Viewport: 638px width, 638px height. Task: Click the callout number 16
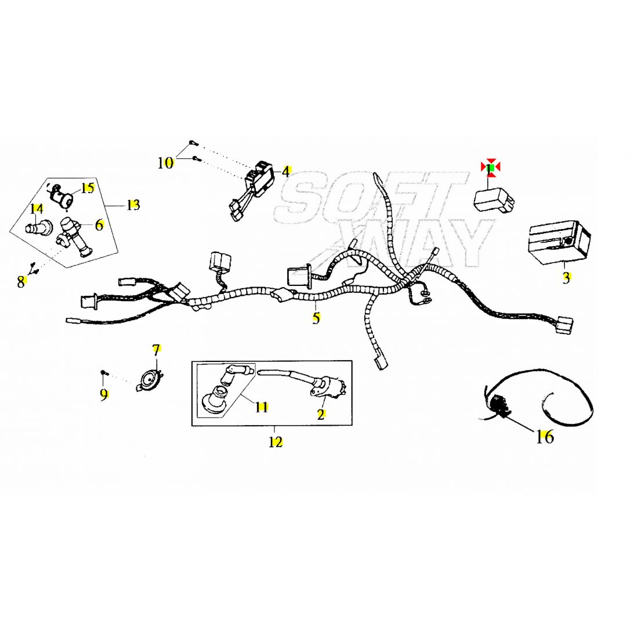point(545,436)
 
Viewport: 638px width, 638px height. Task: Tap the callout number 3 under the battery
point(566,278)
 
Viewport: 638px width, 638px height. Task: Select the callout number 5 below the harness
point(316,318)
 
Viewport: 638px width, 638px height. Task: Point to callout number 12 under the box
point(275,442)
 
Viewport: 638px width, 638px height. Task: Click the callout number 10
point(165,163)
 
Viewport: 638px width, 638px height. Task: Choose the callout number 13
point(133,205)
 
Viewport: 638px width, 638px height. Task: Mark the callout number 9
point(104,395)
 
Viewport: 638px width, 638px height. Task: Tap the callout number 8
point(21,282)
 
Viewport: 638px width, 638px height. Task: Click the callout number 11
point(262,407)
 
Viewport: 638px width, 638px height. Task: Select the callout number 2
point(321,414)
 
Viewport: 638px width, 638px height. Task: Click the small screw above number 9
point(103,372)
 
